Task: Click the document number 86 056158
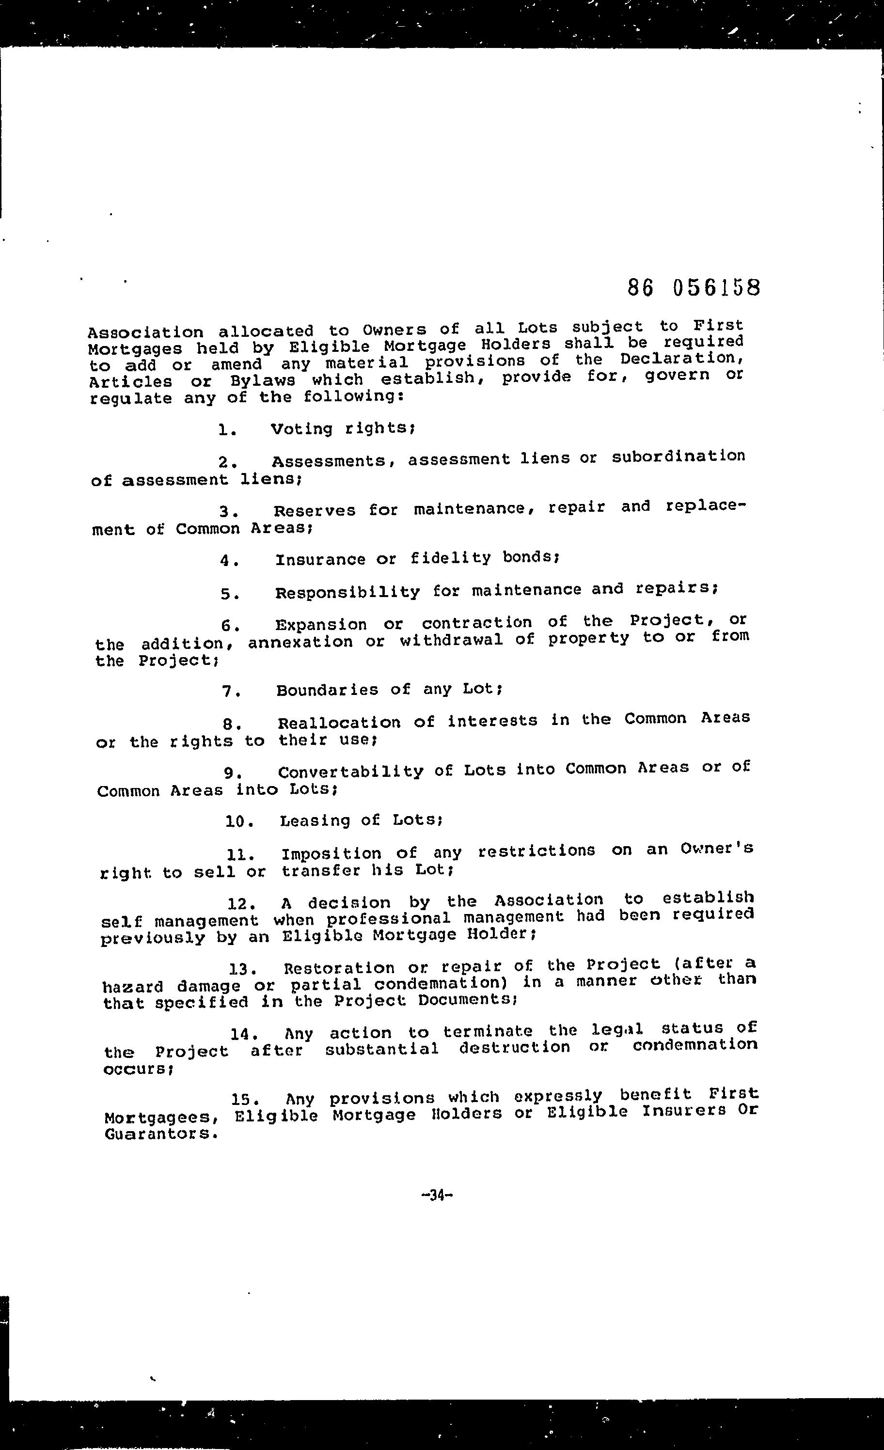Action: tap(694, 288)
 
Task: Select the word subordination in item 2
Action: tap(678, 457)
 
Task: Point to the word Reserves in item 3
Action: tap(315, 510)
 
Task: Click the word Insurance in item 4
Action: tap(320, 559)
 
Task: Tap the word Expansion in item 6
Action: tap(321, 624)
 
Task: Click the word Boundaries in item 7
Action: tap(327, 690)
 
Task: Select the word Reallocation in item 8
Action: tap(339, 722)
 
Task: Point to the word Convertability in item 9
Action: tap(350, 771)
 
